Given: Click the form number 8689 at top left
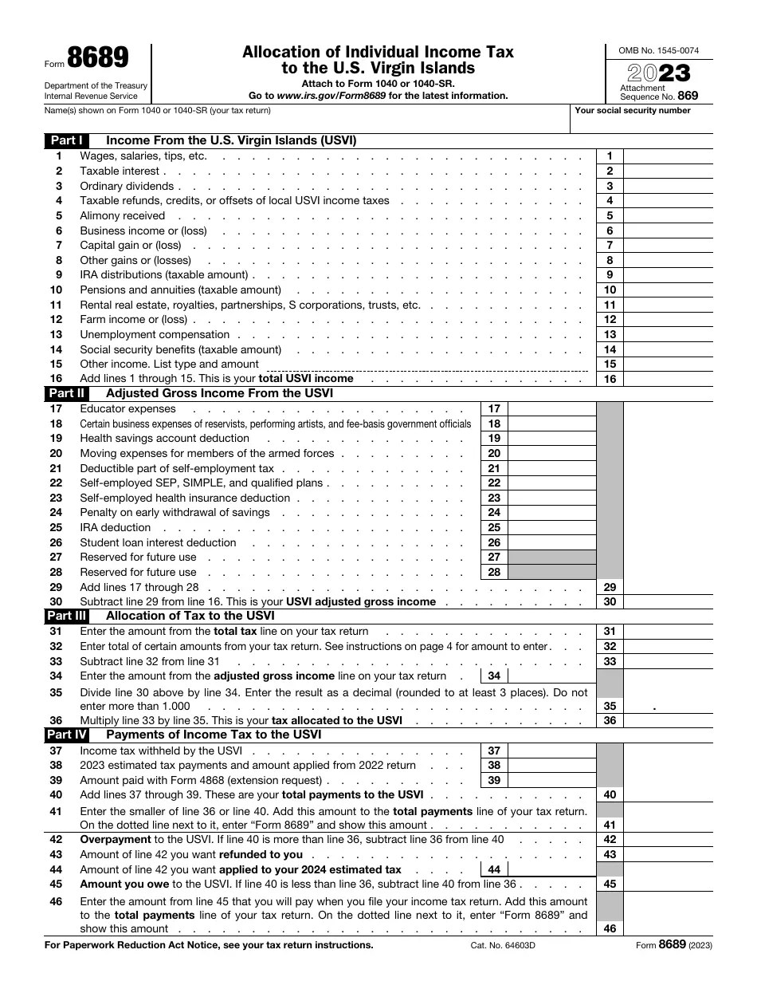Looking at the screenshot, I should click(97, 59).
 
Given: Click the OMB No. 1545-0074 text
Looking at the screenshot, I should click(659, 50).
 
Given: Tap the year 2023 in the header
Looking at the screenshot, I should click(659, 74).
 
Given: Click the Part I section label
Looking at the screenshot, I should click(66, 140).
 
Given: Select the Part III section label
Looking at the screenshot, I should click(66, 616).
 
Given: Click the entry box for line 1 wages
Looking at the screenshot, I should click(667, 156).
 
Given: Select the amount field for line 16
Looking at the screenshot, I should click(667, 379).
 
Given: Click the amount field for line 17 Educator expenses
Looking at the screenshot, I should click(551, 409).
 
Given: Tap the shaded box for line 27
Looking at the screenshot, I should click(551, 557).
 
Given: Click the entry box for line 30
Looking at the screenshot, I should click(667, 602).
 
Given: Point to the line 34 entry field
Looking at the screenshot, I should click(551, 676).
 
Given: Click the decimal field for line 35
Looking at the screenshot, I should click(667, 706).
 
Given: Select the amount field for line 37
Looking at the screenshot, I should click(551, 751).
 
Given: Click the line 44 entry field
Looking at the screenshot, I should click(551, 870).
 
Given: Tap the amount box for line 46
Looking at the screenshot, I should click(667, 928).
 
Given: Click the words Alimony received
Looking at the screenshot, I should click(122, 215).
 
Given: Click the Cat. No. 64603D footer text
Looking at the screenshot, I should click(503, 945).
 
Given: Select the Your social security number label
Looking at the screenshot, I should click(632, 111).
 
